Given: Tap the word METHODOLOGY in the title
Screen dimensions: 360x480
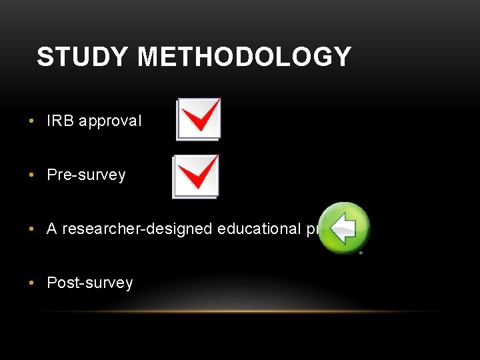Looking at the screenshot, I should [x=244, y=57].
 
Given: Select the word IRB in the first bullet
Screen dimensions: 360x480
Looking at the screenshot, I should [x=60, y=121].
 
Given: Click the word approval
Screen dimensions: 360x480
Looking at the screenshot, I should [x=110, y=121].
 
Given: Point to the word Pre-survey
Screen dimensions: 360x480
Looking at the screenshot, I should [x=86, y=175].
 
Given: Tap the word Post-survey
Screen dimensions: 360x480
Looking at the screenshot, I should [x=89, y=283].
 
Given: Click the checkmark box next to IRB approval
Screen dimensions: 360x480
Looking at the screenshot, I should [x=198, y=119].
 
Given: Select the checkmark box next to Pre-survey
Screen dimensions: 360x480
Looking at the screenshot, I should [x=195, y=177].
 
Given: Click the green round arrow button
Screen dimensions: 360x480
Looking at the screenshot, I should [x=343, y=228].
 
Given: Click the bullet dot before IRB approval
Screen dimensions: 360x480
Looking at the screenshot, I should [x=32, y=121].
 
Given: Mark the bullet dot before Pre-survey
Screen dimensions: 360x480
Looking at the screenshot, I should [x=32, y=175].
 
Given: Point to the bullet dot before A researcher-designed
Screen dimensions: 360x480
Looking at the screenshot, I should [x=32, y=229].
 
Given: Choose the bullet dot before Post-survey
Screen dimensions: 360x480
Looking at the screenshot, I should [x=32, y=283].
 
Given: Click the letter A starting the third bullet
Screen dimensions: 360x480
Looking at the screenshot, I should [x=52, y=229].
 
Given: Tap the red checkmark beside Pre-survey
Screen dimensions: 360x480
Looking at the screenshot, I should [x=199, y=172].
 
